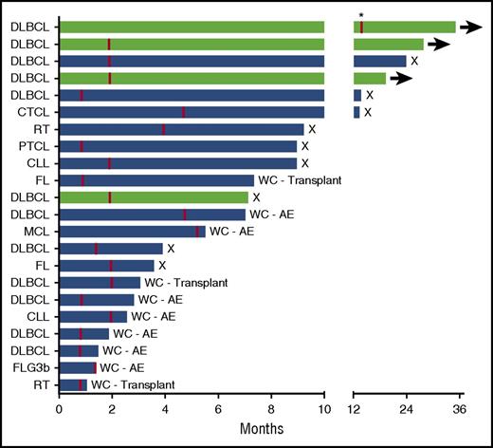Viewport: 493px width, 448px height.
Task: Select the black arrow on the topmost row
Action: click(x=470, y=28)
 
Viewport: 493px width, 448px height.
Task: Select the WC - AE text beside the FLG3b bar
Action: click(x=124, y=367)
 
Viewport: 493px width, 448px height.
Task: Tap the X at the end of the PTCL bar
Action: click(x=305, y=146)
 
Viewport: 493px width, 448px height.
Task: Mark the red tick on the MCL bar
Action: click(x=197, y=231)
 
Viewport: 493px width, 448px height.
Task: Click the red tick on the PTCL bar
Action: click(x=82, y=146)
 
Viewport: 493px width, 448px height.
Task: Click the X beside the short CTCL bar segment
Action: click(x=369, y=112)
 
